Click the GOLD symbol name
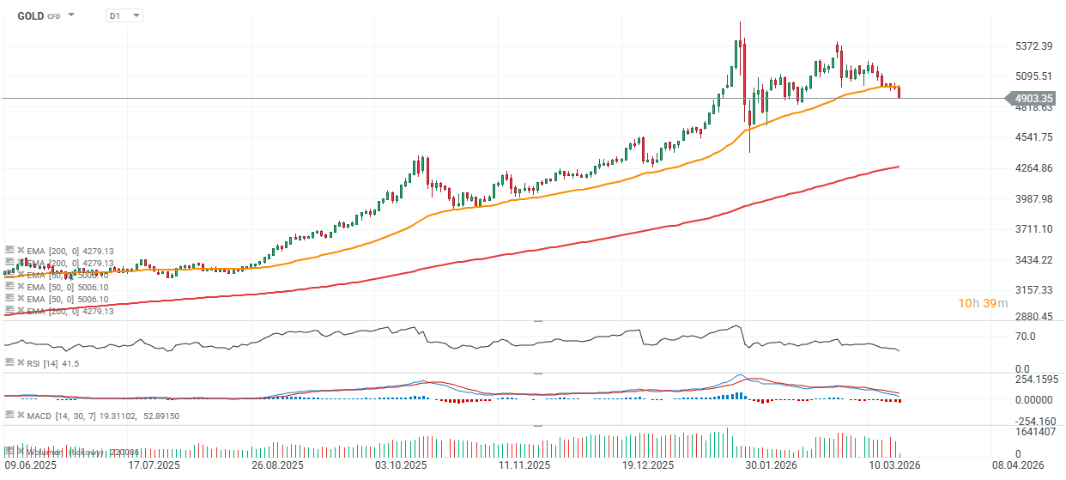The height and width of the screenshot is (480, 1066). (31, 15)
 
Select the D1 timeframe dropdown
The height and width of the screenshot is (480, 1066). (124, 15)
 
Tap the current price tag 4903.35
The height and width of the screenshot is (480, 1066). (1033, 99)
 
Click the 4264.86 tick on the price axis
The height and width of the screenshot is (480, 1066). (1034, 168)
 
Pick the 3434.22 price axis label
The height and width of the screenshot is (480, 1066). (1034, 260)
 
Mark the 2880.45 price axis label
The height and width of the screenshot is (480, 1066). (1034, 317)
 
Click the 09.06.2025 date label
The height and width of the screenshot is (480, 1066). (30, 465)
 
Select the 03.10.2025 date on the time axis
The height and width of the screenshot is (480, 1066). (401, 465)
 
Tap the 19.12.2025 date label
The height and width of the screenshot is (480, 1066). (646, 465)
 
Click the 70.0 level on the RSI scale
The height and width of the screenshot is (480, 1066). (1025, 336)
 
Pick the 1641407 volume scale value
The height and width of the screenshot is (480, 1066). (1036, 432)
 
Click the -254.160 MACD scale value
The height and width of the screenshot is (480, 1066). (1036, 421)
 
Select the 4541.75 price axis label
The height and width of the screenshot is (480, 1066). (1034, 137)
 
